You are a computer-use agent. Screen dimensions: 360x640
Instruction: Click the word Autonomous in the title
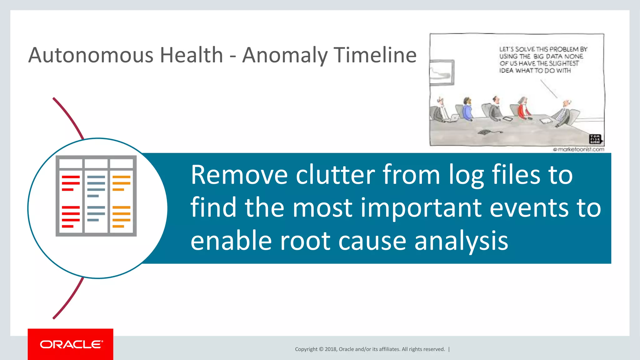pyautogui.click(x=91, y=55)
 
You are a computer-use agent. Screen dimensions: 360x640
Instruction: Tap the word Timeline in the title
pyautogui.click(x=375, y=55)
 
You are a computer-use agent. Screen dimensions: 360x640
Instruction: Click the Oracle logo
pyautogui.click(x=71, y=344)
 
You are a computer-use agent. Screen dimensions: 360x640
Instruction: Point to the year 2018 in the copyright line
pyautogui.click(x=330, y=349)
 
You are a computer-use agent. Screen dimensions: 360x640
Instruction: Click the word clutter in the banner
pyautogui.click(x=335, y=175)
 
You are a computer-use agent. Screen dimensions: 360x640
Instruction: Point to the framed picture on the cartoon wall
pyautogui.click(x=442, y=72)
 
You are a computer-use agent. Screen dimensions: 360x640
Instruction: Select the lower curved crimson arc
pyautogui.click(x=69, y=298)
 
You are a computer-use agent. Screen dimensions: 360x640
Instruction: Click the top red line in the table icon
pyautogui.click(x=71, y=177)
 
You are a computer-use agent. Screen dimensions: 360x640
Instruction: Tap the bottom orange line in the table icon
pyautogui.click(x=118, y=226)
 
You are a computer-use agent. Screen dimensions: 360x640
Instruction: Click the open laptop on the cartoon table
pyautogui.click(x=453, y=118)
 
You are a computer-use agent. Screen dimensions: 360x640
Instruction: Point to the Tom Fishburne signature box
pyautogui.click(x=595, y=139)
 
